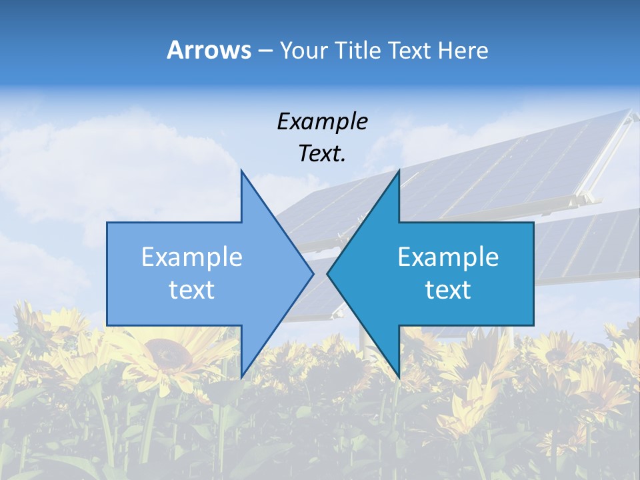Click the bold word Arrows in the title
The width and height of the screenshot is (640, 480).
pos(209,50)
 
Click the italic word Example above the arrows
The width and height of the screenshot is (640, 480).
pos(322,121)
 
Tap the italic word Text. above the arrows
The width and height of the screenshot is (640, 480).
pos(322,154)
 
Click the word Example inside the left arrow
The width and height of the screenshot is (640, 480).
pos(192,257)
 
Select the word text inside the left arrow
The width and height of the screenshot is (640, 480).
pos(192,290)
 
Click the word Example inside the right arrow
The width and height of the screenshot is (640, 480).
pos(448,257)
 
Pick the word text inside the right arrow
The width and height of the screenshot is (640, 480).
pos(448,290)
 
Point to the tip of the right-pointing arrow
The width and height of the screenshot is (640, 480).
pos(313,273)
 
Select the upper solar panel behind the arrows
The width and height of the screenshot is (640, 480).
pos(507,167)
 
